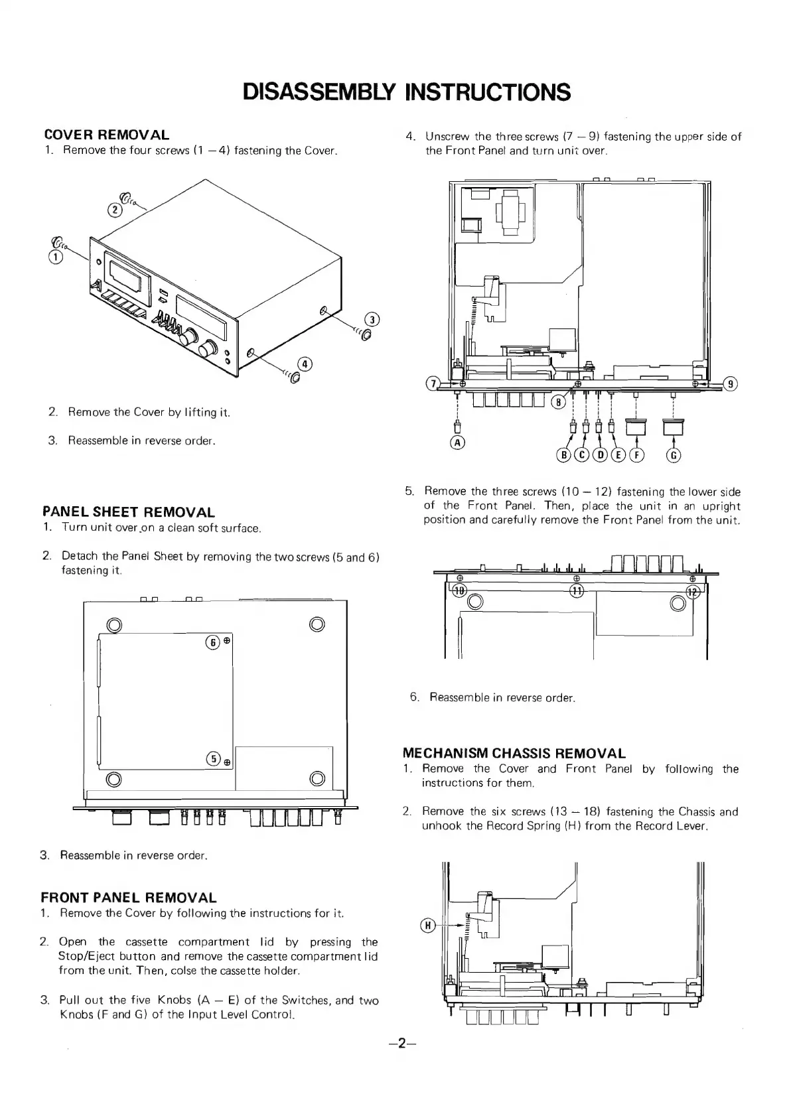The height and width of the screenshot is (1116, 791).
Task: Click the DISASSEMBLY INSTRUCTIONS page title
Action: click(x=406, y=92)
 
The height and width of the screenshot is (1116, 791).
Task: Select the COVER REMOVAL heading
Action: click(x=106, y=135)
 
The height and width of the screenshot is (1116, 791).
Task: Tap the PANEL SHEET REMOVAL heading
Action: click(x=128, y=512)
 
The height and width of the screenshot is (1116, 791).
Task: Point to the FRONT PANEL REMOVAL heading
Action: click(x=128, y=898)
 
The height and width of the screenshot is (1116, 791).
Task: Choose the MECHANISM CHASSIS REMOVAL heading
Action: click(x=514, y=753)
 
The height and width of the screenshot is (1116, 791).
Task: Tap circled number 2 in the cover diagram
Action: click(x=115, y=210)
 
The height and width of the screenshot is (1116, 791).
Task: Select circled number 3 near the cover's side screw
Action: click(x=373, y=320)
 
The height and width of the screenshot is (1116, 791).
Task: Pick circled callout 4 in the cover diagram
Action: click(x=305, y=363)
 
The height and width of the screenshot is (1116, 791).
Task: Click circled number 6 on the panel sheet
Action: click(x=213, y=642)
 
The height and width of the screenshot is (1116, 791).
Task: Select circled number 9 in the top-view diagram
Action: click(x=730, y=384)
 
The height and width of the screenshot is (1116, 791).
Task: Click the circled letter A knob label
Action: click(x=457, y=442)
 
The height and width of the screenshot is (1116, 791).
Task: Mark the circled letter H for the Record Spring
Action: click(x=428, y=925)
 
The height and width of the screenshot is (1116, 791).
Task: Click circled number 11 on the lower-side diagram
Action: click(x=577, y=591)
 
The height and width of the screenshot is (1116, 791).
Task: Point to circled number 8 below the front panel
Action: click(x=560, y=401)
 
